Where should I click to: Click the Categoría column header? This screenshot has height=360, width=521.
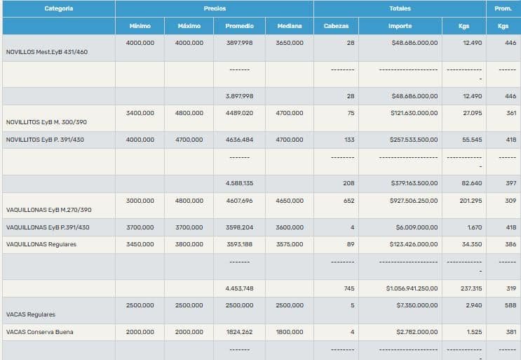58,8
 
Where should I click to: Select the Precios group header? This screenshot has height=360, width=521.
215,8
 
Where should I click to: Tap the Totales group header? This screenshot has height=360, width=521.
400,8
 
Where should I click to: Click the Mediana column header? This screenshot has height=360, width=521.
290,26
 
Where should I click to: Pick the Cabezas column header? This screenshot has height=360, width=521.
341,26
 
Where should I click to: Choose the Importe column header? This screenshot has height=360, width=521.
400,26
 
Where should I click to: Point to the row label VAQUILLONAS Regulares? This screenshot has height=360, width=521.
41,244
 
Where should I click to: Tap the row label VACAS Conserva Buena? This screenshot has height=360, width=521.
39,332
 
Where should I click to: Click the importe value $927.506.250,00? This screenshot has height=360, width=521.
413,201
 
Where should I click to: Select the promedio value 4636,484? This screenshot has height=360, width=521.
239,140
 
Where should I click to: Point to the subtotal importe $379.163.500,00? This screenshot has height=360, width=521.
413,183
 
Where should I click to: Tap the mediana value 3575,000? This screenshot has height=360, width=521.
290,244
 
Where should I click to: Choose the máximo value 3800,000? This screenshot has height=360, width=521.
189,244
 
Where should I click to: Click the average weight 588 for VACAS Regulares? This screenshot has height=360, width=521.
510,305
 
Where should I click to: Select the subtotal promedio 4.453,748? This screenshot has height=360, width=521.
239,288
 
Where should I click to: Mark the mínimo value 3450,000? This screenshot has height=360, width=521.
140,244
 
